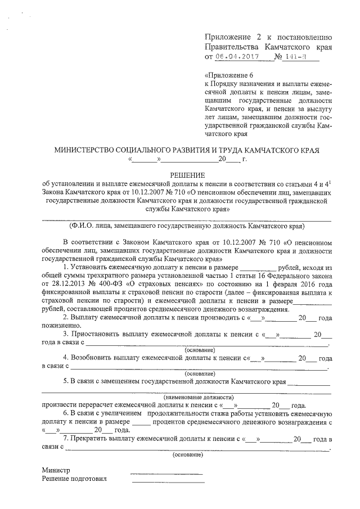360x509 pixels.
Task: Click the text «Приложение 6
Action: (230, 75)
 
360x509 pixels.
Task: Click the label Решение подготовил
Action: (74, 479)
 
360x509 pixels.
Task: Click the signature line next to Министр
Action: (167, 474)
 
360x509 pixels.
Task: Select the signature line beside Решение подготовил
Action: (167, 483)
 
